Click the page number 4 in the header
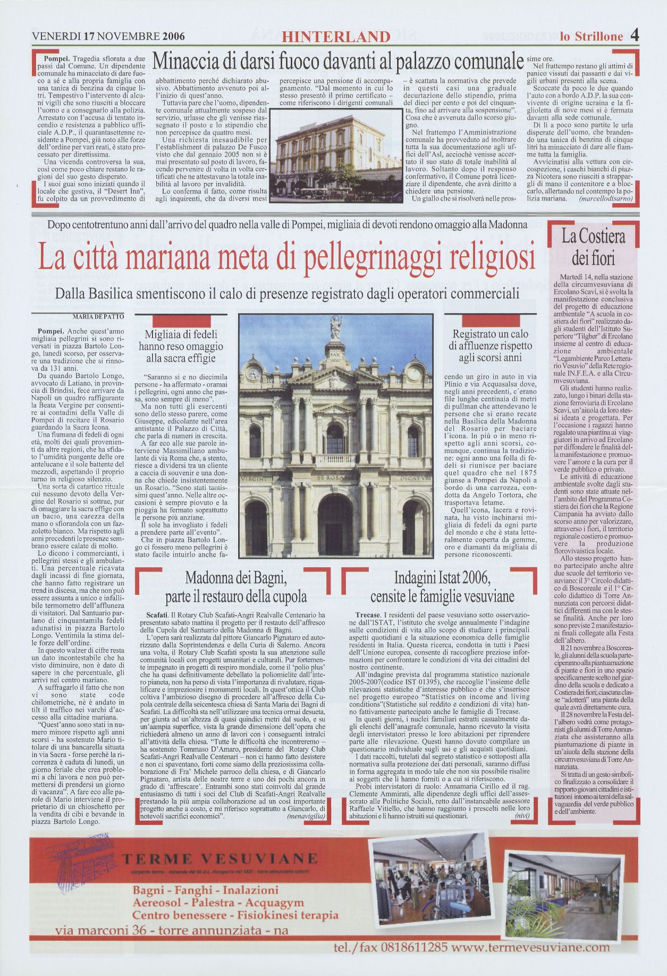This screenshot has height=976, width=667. pyautogui.click(x=635, y=36)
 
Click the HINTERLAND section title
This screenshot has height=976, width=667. pyautogui.click(x=336, y=37)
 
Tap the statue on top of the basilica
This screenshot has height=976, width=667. pyautogui.click(x=335, y=328)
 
